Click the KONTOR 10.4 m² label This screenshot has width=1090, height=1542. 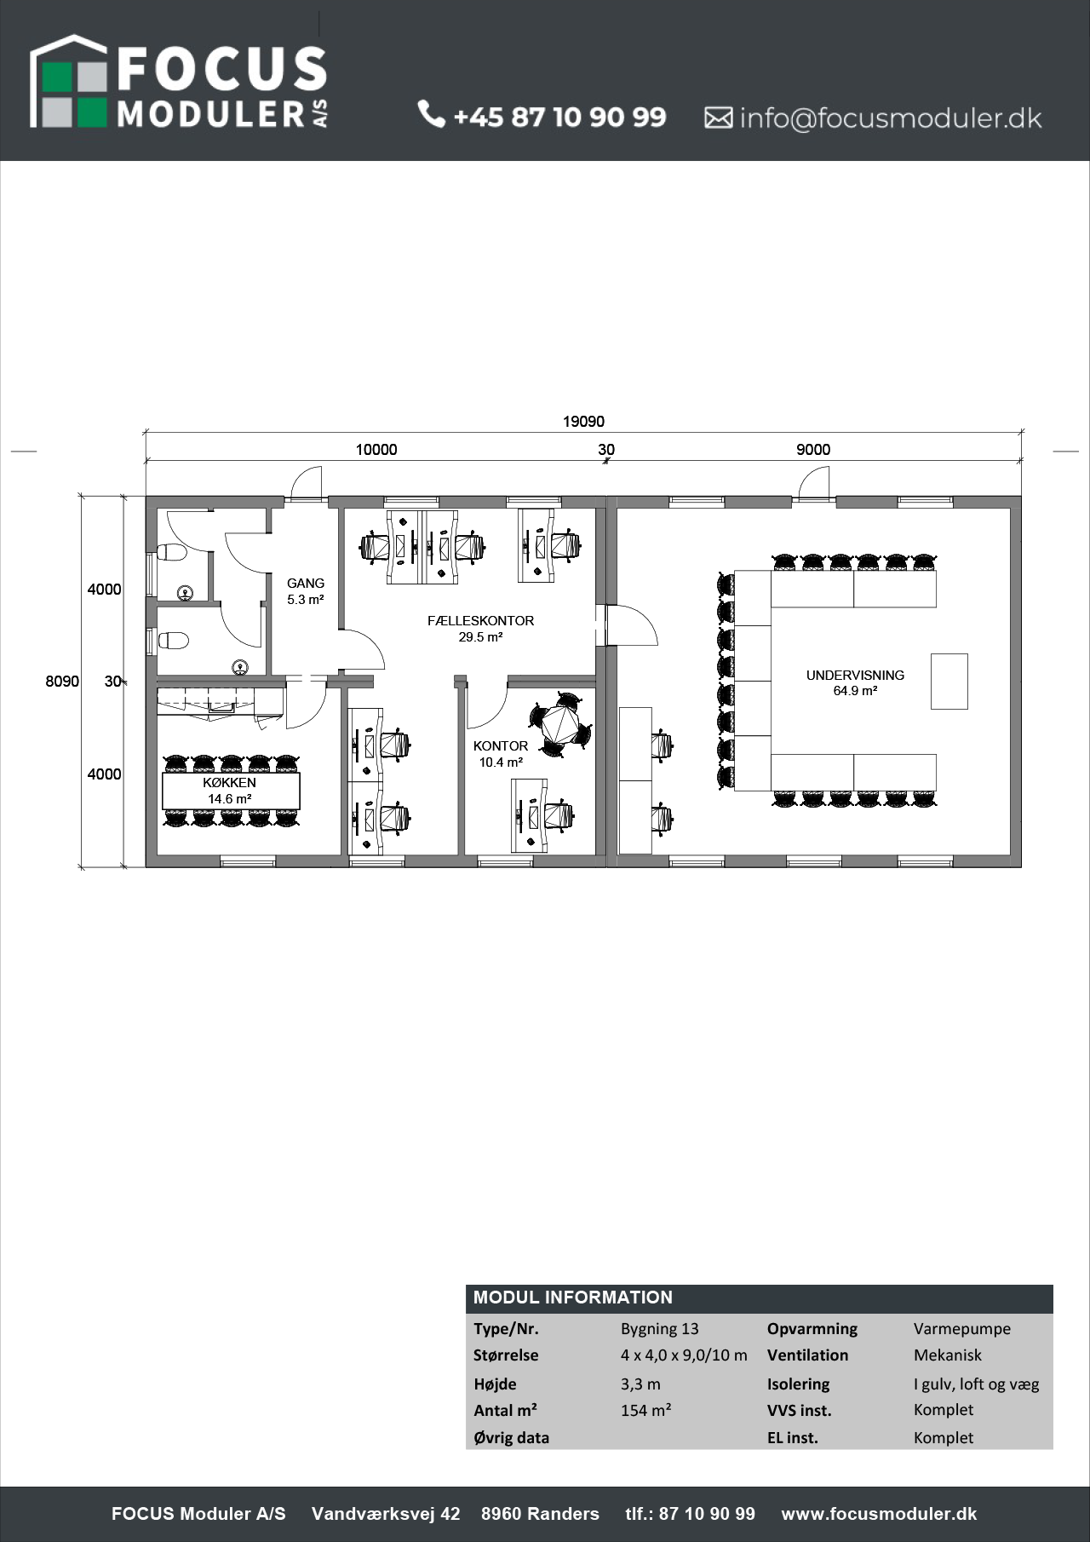pos(501,754)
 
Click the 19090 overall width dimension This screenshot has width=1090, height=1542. pos(583,422)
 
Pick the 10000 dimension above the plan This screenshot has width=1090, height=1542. pos(376,450)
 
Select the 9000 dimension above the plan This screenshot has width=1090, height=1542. pos(813,450)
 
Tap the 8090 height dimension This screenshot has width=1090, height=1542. pos(62,682)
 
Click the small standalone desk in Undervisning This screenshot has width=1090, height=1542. pos(949,681)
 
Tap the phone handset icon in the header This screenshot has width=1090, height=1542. pos(432,113)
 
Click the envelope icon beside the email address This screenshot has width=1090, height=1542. pos(718,118)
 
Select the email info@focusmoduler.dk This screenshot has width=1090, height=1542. pos(890,118)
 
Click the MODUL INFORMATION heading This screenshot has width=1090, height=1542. pos(573,1297)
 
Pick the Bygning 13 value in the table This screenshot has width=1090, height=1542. pos(660,1329)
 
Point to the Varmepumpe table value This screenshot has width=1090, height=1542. pos(962,1329)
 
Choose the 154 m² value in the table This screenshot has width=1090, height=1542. pos(646,1410)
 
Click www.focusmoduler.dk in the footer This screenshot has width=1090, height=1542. pos(879,1514)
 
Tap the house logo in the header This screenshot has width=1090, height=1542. pos(69,82)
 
